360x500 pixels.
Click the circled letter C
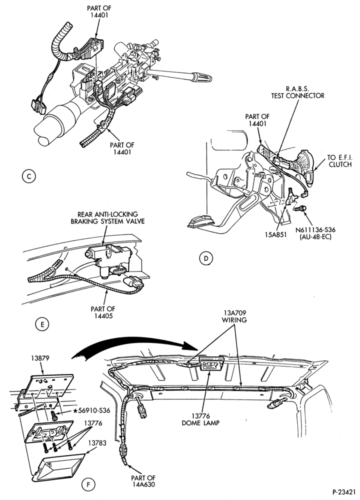click(29, 176)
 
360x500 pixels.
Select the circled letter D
click(205, 258)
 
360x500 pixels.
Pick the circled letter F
click(88, 485)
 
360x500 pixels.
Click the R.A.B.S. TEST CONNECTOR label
click(297, 92)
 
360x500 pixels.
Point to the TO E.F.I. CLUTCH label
click(339, 161)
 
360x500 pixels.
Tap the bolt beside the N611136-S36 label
click(300, 208)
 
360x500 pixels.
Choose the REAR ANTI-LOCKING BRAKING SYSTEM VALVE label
click(107, 217)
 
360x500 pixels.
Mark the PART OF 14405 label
click(102, 312)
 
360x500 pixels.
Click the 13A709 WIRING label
click(235, 316)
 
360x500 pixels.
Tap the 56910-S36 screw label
click(91, 410)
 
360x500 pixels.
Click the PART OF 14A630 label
click(143, 481)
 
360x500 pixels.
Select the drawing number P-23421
click(344, 491)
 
